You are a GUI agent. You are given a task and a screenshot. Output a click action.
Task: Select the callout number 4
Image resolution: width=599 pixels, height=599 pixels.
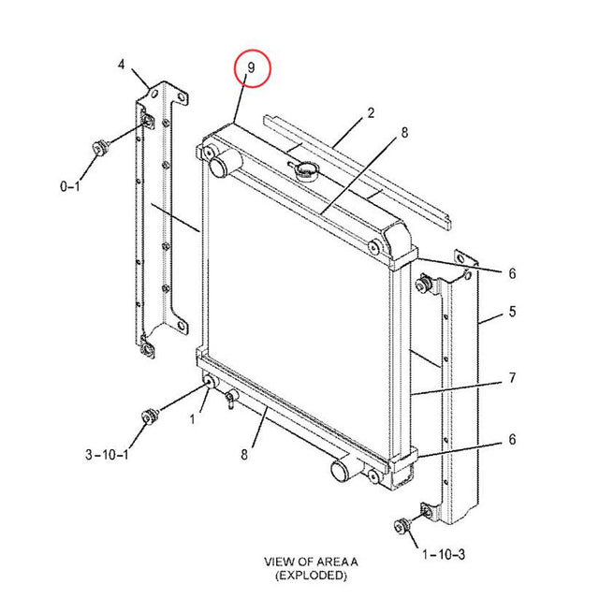121,64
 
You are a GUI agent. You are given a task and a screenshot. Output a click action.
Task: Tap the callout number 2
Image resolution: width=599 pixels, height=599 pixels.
371,113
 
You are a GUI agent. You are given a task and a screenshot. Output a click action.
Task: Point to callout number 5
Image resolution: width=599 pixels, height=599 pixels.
512,311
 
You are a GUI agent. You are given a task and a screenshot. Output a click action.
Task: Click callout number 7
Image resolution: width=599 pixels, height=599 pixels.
512,379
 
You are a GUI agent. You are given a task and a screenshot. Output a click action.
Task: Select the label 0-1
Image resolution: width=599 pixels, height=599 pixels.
70,187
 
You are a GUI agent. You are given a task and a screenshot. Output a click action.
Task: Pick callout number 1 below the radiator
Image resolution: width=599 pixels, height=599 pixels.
192,419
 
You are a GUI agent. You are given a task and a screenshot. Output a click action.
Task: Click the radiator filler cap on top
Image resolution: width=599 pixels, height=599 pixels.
306,170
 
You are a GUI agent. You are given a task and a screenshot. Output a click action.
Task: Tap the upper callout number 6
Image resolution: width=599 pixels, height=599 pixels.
512,273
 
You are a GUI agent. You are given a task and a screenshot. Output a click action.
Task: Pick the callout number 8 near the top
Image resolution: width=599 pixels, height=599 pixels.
404,133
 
